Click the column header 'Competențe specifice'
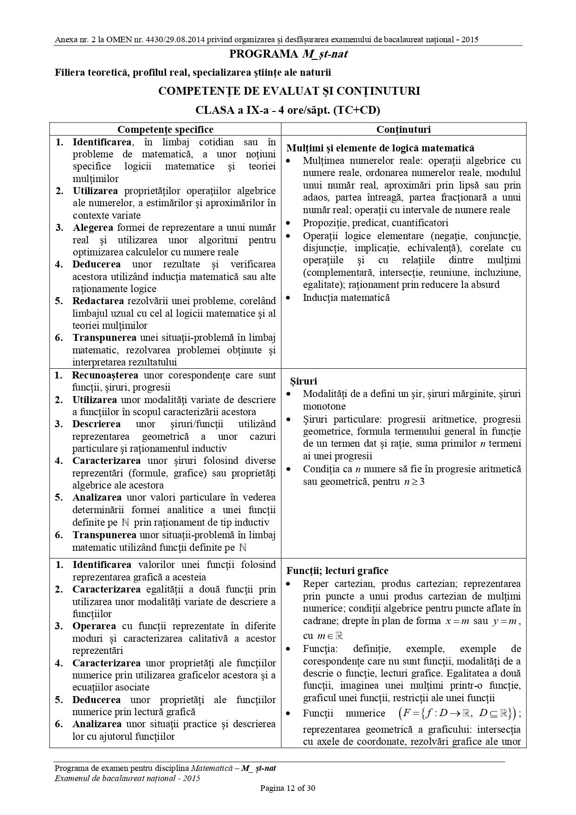(165, 130)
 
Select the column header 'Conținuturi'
(403, 130)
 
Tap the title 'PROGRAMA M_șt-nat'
(288, 54)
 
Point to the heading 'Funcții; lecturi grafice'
(337, 571)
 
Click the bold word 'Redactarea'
(95, 301)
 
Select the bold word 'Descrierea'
(96, 424)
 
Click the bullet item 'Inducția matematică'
(346, 298)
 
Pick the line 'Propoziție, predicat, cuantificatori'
(375, 223)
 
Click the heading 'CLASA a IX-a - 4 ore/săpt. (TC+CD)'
(288, 110)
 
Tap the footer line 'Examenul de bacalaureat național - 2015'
(127, 778)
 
